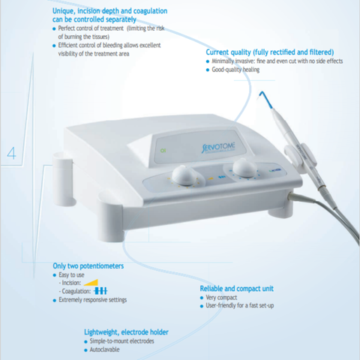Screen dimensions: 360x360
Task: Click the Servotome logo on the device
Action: [218, 148]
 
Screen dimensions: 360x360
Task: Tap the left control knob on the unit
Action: [184, 175]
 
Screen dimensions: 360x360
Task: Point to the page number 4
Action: [11, 153]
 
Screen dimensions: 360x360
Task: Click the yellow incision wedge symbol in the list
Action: [91, 283]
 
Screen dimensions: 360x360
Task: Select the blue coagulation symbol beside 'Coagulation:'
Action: [100, 291]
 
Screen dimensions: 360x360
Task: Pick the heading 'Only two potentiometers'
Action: [88, 265]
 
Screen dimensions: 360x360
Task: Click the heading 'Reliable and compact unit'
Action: [236, 289]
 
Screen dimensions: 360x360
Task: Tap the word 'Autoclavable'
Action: [104, 349]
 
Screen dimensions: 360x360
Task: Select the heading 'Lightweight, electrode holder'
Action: [126, 332]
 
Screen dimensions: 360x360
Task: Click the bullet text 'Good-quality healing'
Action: [235, 70]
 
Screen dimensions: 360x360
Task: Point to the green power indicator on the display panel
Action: [163, 151]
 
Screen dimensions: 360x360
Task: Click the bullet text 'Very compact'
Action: [221, 298]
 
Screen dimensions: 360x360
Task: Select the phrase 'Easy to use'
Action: [71, 274]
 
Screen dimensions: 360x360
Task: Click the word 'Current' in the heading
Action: [216, 52]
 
